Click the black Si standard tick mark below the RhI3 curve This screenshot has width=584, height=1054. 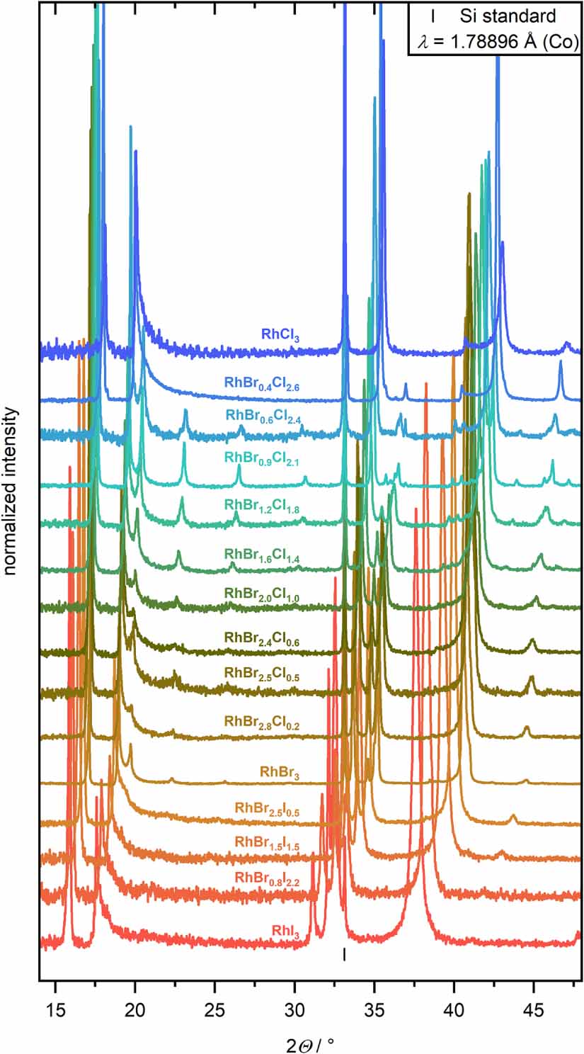point(344,954)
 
